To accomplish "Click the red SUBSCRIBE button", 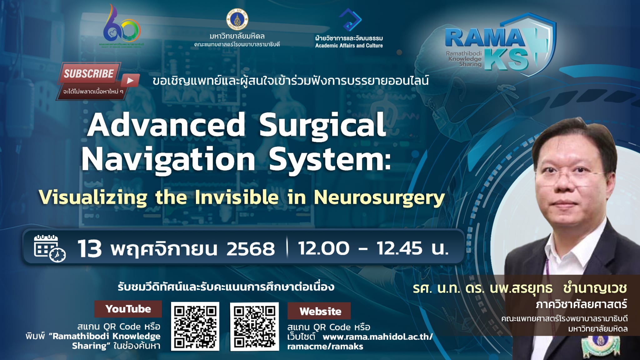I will point(89,74).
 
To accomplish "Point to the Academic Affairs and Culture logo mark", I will point(350,20).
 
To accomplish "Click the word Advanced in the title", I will point(166,125).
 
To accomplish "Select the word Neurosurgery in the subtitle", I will point(379,197).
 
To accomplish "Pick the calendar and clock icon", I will point(49,248).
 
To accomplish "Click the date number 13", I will point(90,249).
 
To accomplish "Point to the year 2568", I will point(251,249).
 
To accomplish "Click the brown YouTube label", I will point(128,309).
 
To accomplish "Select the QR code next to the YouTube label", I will point(195,326).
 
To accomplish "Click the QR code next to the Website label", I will point(254,326).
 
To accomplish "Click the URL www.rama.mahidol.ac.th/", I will point(377,337).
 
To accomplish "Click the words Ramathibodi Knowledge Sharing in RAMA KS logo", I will point(464,59).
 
